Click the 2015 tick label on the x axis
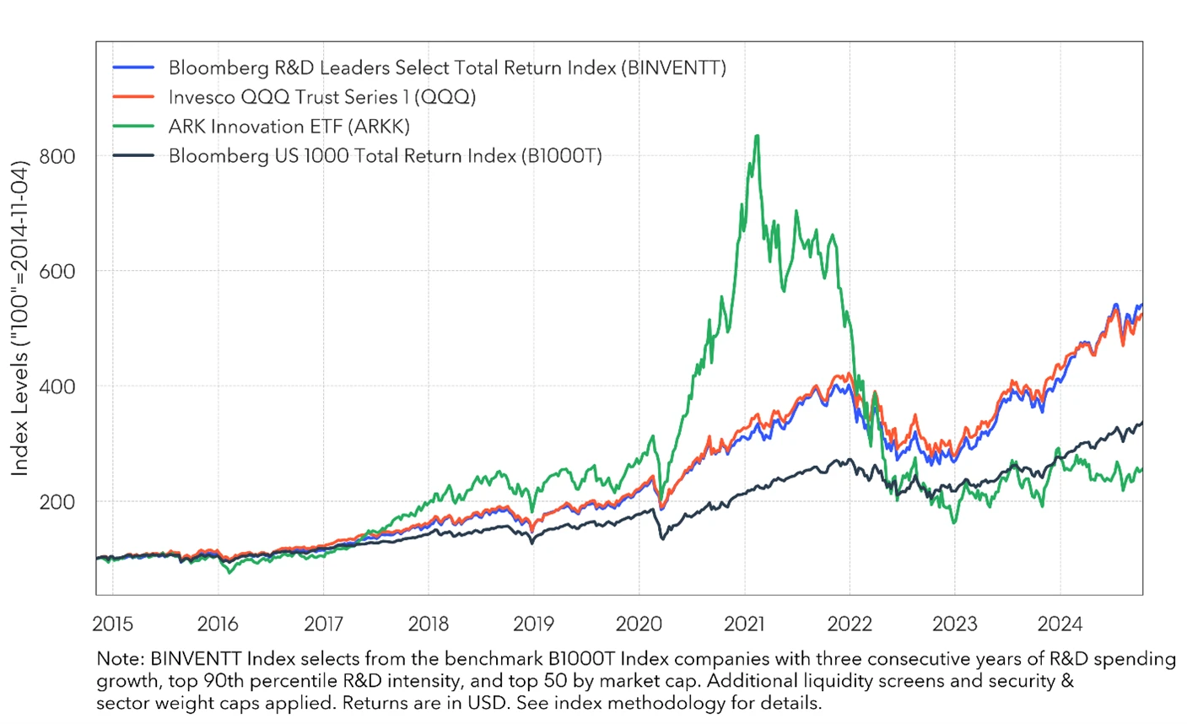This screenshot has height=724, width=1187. pos(112,624)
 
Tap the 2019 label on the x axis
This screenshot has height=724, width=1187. pos(534,624)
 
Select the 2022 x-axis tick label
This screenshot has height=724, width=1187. pos(850,624)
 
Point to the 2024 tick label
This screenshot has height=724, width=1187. pos(1060,624)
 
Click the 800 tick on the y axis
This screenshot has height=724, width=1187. pos(57,156)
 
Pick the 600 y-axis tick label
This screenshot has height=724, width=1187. pos(57,271)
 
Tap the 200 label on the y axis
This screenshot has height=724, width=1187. pos(57,501)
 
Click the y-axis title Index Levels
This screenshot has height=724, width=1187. pos(20,316)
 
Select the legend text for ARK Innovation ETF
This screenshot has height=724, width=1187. pos(289,127)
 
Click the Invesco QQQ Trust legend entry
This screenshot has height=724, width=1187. pos(321,97)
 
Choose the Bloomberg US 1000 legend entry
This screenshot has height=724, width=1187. pos(385,156)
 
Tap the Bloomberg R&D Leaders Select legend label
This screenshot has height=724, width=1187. pos(447,68)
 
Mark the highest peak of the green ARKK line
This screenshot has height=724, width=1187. pos(757,136)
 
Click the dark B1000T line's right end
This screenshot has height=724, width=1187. pos(1142,423)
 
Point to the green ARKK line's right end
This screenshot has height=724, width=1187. pos(1142,469)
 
